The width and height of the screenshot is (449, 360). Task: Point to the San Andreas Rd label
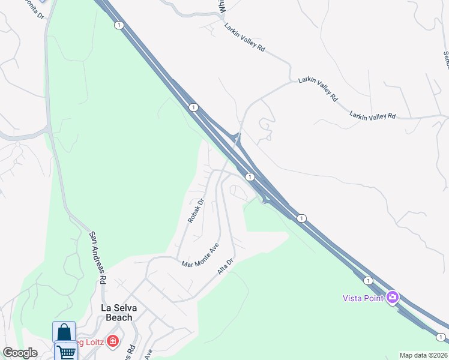point(98,258)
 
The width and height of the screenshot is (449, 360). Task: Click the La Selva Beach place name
point(118,313)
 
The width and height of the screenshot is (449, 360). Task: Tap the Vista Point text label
point(363,298)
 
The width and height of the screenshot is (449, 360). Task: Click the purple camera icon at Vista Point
point(393,297)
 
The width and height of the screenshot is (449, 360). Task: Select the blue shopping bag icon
point(64,332)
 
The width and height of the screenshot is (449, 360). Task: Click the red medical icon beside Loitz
point(112,342)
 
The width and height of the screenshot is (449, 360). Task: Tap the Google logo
point(20,353)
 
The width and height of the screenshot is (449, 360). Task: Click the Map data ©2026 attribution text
point(423,355)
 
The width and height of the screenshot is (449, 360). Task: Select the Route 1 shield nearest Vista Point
point(368,280)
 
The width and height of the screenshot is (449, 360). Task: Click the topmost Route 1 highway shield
point(119,25)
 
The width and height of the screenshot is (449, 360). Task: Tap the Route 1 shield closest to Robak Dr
point(249,177)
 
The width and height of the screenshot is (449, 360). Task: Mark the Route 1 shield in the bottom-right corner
point(441,337)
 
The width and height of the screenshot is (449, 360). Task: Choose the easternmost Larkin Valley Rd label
point(373,115)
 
